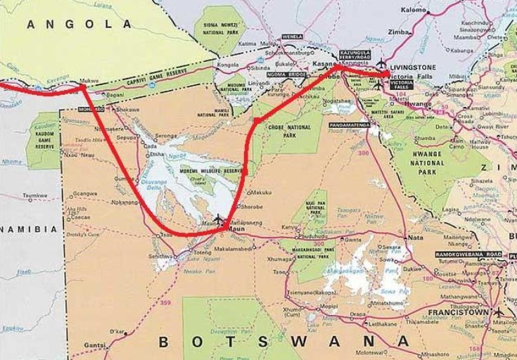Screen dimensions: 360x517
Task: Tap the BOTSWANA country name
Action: coord(284,342)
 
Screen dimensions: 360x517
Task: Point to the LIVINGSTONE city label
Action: coord(416,67)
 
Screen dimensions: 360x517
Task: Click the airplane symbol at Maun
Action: coord(219,219)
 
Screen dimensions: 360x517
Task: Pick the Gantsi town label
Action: coord(95,345)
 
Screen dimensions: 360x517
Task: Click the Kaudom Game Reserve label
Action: coord(44,139)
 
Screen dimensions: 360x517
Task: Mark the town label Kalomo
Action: coord(414,11)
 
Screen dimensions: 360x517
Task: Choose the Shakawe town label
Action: coord(127,110)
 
